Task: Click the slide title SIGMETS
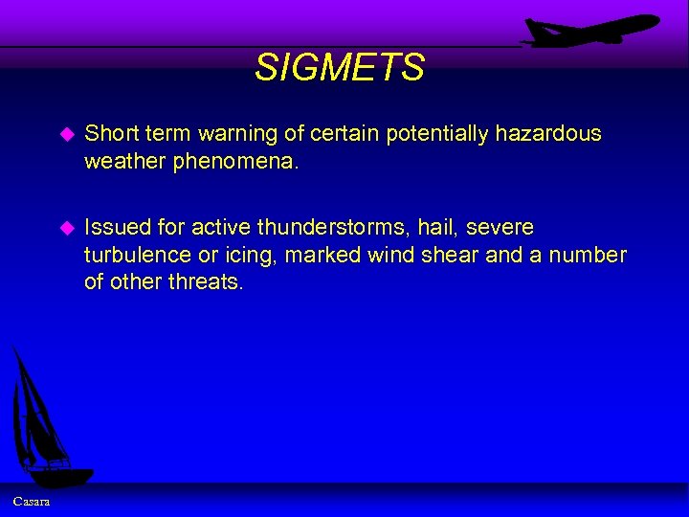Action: pos(340,68)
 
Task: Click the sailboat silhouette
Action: pos(43,421)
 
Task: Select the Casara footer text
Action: pos(32,503)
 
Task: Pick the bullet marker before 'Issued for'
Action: pos(66,229)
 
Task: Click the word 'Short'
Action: pos(111,134)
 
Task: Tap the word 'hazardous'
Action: pos(548,134)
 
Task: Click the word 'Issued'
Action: pos(116,228)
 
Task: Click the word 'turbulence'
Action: pos(136,256)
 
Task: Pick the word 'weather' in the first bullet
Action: pos(125,162)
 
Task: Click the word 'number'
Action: pos(587,256)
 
